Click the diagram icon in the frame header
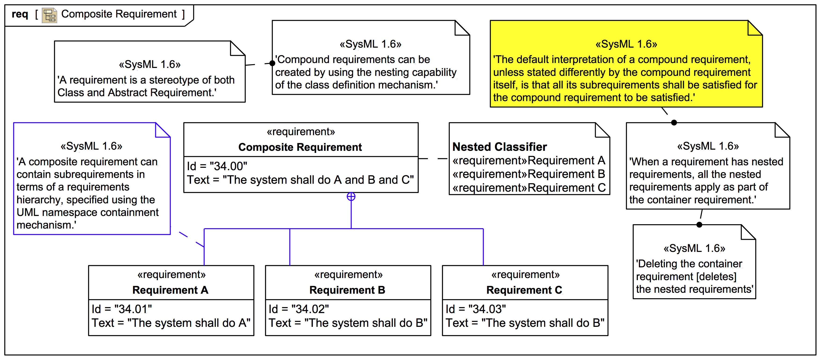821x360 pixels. click(49, 15)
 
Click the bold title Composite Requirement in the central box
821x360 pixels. click(300, 147)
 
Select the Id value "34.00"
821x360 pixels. click(228, 166)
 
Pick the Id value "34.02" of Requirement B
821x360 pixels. click(310, 309)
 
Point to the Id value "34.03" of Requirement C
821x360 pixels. click(487, 309)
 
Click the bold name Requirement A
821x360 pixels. click(170, 290)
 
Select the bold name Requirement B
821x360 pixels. click(347, 290)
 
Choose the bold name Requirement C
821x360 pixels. click(524, 290)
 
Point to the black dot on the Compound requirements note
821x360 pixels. click(272, 63)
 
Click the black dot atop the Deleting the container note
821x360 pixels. click(699, 225)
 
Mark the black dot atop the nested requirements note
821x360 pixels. click(674, 122)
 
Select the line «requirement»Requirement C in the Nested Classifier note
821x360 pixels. click(529, 188)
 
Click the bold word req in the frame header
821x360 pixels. click(20, 14)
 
